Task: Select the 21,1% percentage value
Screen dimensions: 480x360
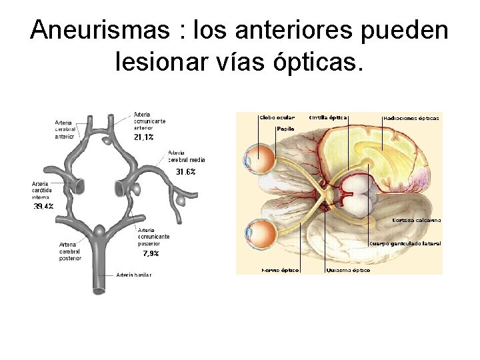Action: point(143,137)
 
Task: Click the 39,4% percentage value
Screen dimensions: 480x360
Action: point(44,207)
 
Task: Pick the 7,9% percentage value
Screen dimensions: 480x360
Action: point(151,254)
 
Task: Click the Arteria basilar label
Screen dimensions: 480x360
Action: point(134,275)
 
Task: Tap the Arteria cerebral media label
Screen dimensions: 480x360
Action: point(187,156)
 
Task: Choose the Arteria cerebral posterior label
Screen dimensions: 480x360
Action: point(70,251)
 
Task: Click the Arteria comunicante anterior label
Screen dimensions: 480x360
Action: point(149,121)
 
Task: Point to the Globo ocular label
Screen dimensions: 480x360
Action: point(277,117)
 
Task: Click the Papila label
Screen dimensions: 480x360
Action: point(285,129)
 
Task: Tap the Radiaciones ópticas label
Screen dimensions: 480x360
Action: point(411,118)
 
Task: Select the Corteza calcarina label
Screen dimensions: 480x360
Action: point(417,220)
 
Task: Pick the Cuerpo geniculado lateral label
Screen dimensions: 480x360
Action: point(405,244)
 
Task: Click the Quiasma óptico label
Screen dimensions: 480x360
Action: point(348,271)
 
